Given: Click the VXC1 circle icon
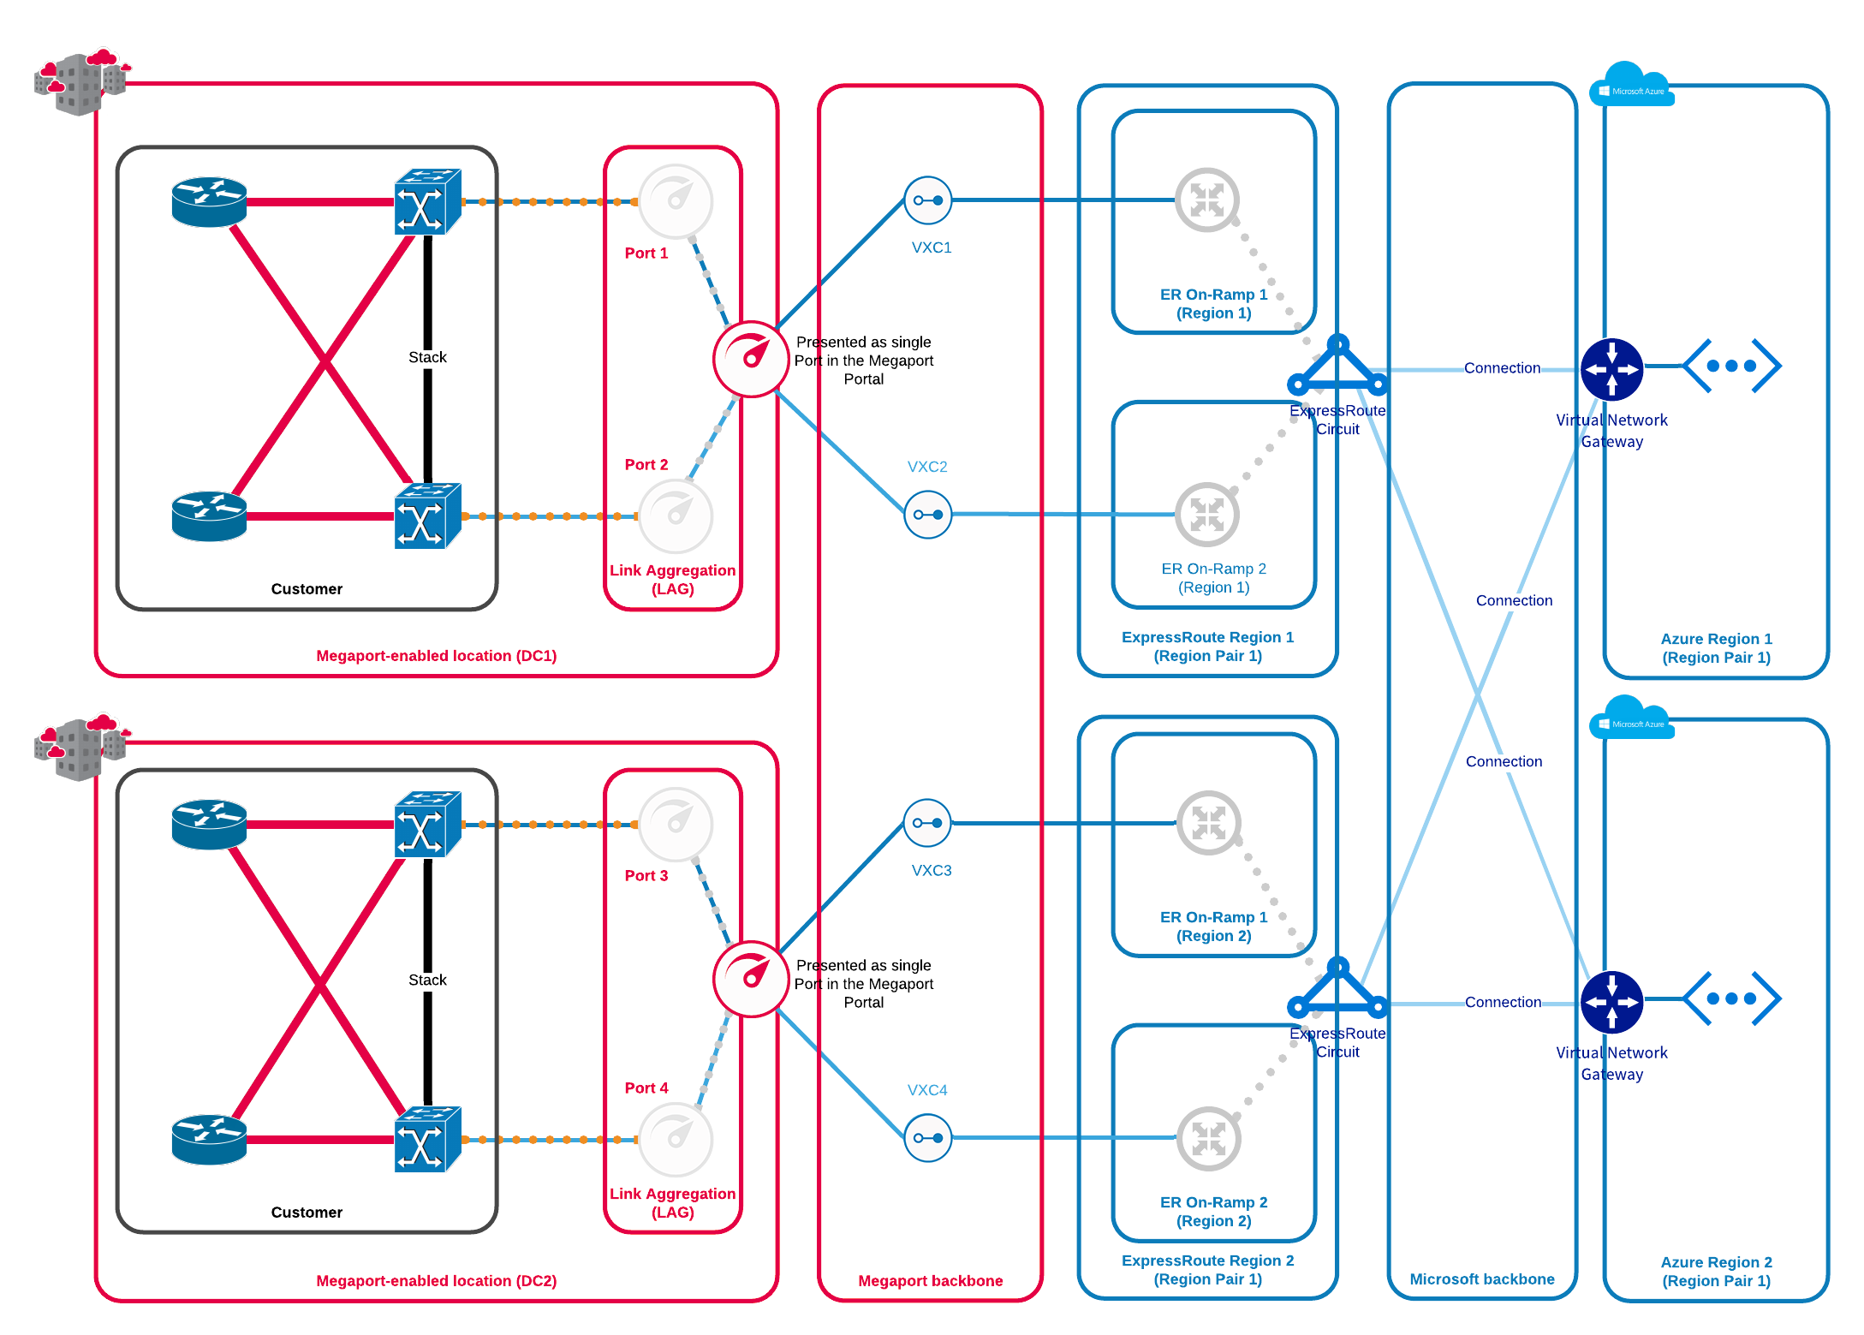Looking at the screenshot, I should click(928, 200).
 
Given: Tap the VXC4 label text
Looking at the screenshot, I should click(927, 1090).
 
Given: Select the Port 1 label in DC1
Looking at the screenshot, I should click(646, 253).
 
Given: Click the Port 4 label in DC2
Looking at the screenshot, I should click(646, 1088).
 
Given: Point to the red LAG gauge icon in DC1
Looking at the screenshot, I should click(751, 359).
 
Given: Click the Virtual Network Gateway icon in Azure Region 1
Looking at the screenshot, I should click(1611, 369).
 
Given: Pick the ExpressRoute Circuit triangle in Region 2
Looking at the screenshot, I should click(1337, 986).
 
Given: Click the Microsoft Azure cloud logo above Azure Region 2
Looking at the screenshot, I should click(1631, 718).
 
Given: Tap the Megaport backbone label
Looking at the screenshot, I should click(930, 1281).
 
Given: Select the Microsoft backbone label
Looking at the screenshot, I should click(1481, 1279).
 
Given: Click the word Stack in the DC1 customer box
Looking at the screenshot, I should click(427, 357).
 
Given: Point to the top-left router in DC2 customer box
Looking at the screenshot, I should click(209, 824).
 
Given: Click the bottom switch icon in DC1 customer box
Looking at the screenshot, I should click(427, 516).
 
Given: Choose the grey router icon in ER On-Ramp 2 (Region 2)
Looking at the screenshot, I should click(1208, 1138).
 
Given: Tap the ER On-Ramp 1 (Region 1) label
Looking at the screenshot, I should click(1213, 304).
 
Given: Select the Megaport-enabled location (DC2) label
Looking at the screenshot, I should click(436, 1281).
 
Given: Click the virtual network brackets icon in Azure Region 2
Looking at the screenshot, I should click(1731, 998).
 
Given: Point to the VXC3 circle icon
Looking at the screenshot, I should click(928, 823).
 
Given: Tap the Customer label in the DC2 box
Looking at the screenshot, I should click(307, 1213).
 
